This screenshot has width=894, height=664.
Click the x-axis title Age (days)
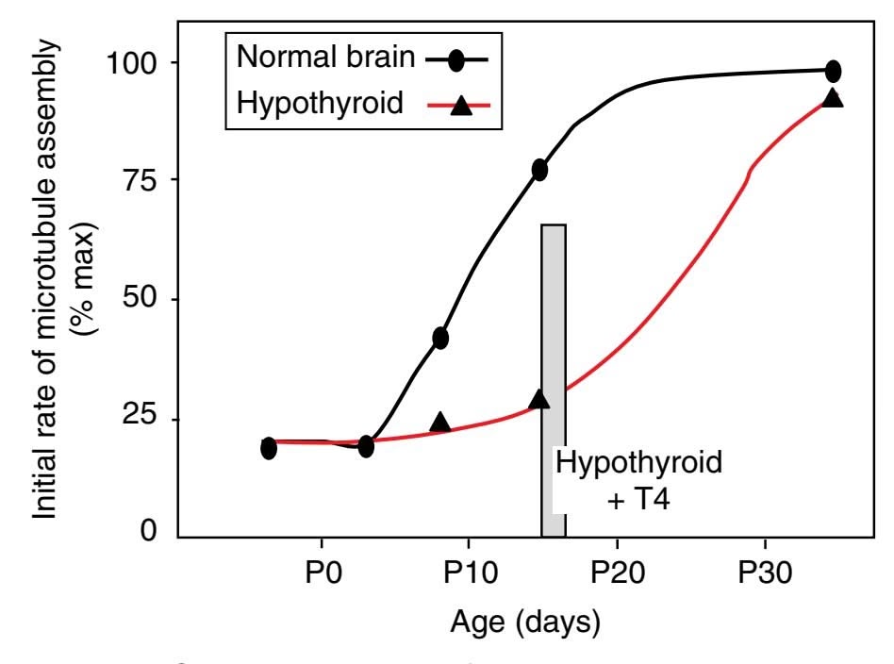[x=524, y=623]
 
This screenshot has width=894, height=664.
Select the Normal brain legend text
[x=325, y=57]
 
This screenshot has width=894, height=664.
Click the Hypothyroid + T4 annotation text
[x=639, y=480]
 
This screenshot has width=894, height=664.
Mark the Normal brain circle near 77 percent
[x=539, y=170]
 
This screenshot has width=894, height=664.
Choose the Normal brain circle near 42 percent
[x=440, y=338]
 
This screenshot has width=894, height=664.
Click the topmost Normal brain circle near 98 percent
[x=833, y=71]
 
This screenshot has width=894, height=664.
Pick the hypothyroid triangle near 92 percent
[x=833, y=97]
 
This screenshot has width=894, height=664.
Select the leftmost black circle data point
[x=269, y=448]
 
